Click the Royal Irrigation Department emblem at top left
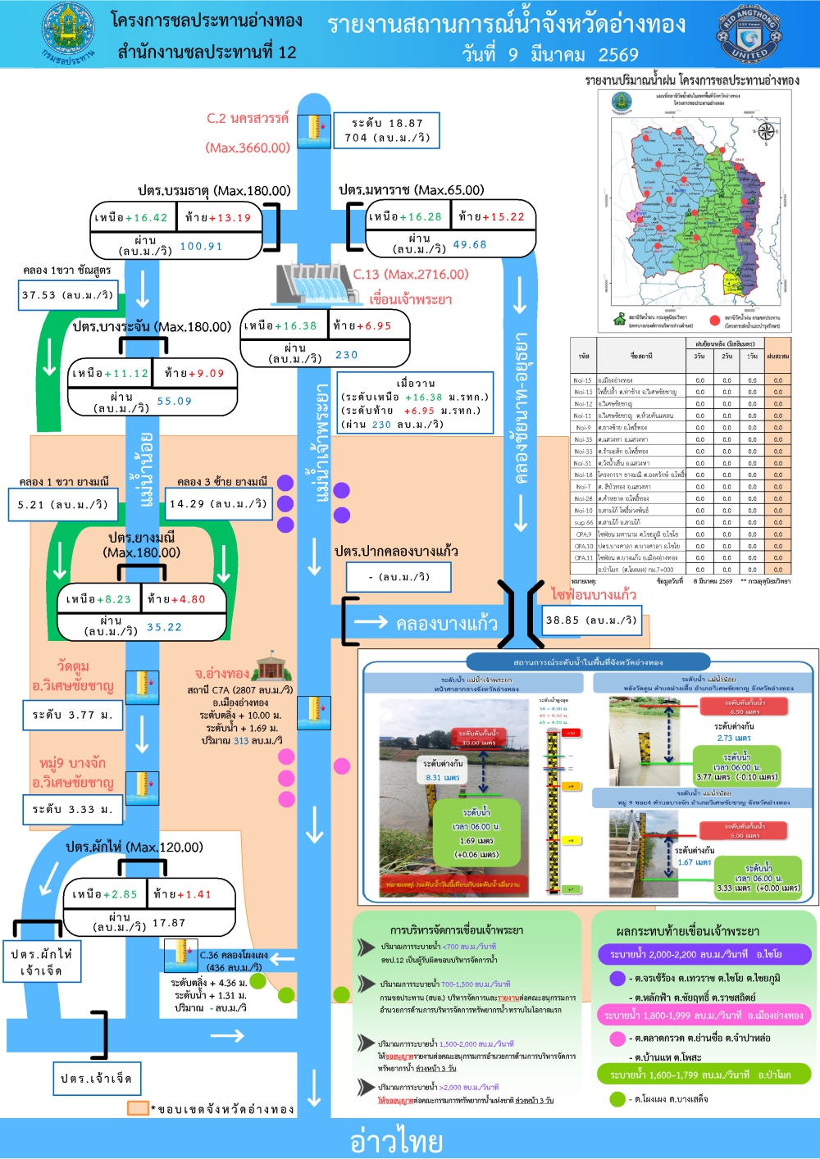click(68, 33)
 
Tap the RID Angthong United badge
click(749, 36)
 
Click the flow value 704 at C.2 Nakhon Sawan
click(356, 138)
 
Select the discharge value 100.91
click(201, 246)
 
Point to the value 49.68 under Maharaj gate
click(470, 244)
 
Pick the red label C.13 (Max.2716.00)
click(411, 275)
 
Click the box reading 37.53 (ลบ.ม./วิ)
click(68, 295)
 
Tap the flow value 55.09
click(174, 401)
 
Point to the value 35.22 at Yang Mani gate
click(164, 627)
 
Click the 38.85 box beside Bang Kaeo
click(591, 620)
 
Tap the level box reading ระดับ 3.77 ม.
click(72, 715)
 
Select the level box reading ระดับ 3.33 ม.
click(72, 809)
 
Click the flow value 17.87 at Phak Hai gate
click(169, 923)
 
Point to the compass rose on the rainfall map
click(766, 131)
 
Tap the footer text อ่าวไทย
click(396, 1140)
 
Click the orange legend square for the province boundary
click(138, 1108)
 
